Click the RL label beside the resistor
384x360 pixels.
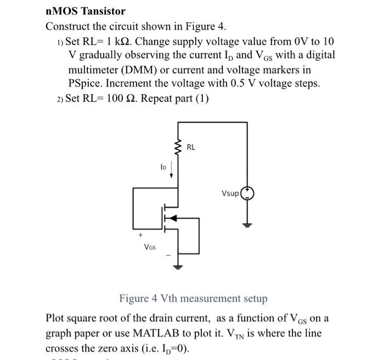click(191, 147)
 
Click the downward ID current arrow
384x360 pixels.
click(172, 169)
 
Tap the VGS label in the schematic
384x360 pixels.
click(150, 247)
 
